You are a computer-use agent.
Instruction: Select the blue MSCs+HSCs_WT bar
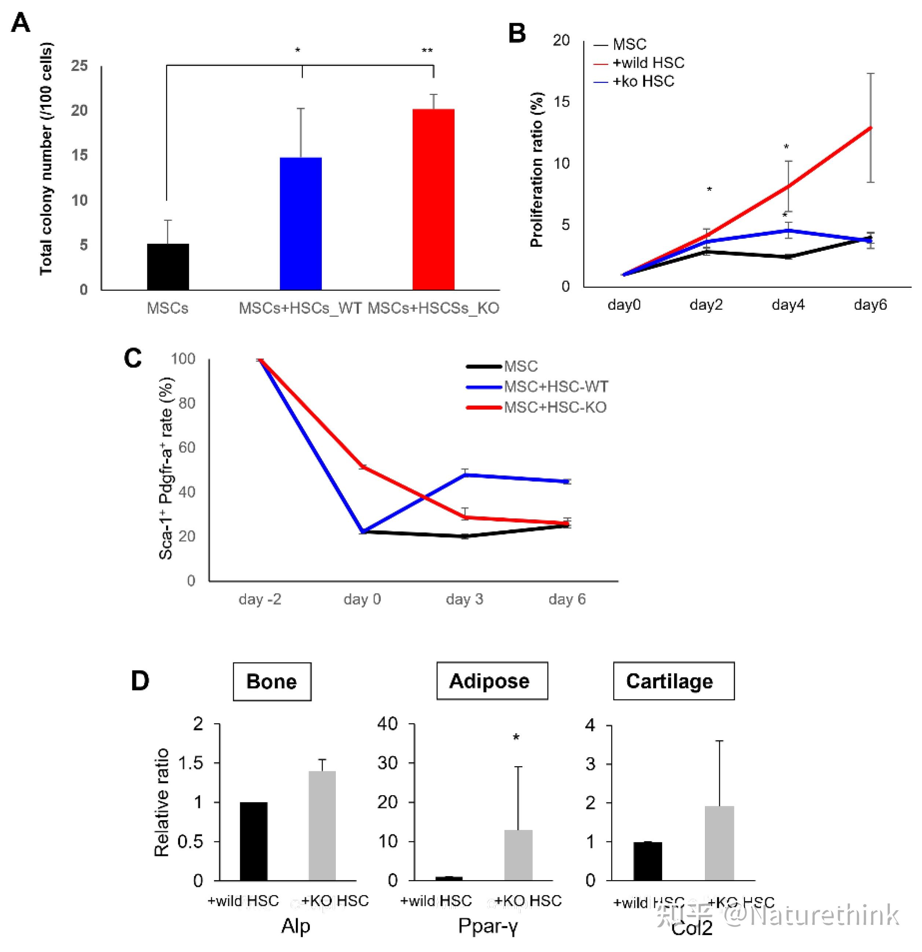[x=301, y=224]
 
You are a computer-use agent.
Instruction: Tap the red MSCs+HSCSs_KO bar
[x=433, y=199]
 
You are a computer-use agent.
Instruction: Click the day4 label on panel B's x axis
[x=788, y=305]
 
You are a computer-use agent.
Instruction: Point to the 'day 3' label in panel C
[x=464, y=599]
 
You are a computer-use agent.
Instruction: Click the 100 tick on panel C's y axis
[x=183, y=359]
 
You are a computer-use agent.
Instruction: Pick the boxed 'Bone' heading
[x=272, y=681]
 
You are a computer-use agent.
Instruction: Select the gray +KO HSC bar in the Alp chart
[x=322, y=826]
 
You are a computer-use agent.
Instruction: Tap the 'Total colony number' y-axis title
[x=46, y=159]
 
